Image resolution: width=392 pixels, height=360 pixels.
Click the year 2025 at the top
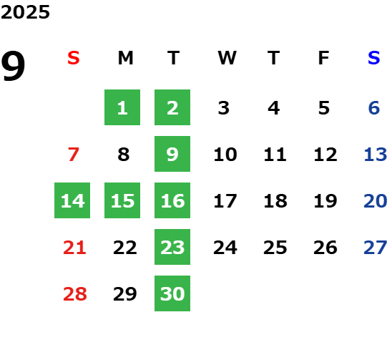(x=25, y=12)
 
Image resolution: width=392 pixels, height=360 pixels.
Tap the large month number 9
(x=13, y=66)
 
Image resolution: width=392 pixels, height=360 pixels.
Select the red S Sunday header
(x=74, y=58)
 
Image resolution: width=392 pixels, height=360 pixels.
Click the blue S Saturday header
(x=374, y=58)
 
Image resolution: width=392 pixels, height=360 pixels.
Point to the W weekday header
(x=227, y=58)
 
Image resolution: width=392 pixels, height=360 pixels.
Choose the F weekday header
(x=324, y=58)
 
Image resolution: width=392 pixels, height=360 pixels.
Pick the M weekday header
(x=125, y=58)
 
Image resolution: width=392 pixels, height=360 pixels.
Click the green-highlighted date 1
(x=122, y=107)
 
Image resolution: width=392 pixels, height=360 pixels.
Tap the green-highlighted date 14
(x=72, y=200)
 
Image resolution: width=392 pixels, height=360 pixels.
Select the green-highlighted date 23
(x=172, y=247)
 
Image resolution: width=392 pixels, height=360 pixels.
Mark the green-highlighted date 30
(x=172, y=293)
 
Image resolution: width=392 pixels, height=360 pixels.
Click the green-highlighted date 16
(x=172, y=200)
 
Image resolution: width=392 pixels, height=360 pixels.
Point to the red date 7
(x=74, y=154)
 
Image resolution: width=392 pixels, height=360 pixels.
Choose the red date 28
(x=75, y=293)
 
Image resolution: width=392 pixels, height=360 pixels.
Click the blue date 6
(x=374, y=108)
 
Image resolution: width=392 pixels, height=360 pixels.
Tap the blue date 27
(x=376, y=248)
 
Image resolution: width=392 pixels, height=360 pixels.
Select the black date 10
(x=225, y=154)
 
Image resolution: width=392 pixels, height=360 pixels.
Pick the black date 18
(x=275, y=200)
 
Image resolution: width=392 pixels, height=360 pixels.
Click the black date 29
(x=125, y=293)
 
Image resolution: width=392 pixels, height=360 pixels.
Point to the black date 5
(x=324, y=108)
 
